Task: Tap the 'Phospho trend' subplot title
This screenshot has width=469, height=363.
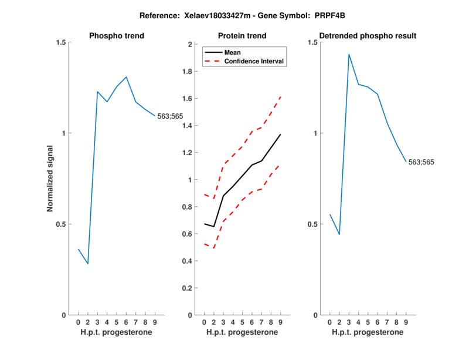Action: coord(116,36)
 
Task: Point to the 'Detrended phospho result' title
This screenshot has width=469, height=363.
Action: coord(368,36)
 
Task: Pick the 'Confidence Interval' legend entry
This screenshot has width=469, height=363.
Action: coord(254,60)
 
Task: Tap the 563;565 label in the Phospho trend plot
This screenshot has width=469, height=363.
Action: coord(171,116)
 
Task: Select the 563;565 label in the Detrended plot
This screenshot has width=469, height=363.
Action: coord(422,162)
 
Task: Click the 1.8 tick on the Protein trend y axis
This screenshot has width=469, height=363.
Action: coord(188,71)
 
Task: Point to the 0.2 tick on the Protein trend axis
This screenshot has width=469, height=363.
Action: coord(188,288)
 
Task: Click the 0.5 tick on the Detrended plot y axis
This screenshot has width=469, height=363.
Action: coord(313,224)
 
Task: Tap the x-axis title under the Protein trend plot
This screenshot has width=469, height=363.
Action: coord(242,332)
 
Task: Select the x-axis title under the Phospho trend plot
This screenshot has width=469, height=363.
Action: coord(116,332)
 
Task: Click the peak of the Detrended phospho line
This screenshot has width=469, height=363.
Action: coord(349,54)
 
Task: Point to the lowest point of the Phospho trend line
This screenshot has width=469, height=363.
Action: coord(88,264)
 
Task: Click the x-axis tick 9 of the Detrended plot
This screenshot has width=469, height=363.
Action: coord(406,322)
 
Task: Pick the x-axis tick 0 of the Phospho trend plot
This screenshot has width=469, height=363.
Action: coord(78,322)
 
